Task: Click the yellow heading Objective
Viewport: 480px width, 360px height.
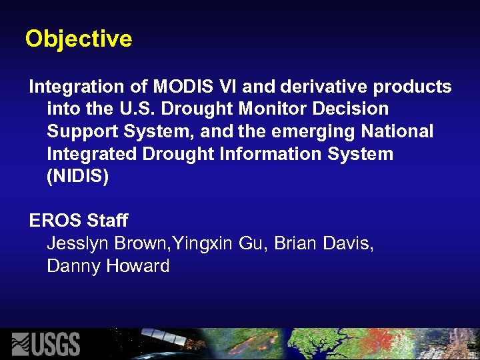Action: click(79, 39)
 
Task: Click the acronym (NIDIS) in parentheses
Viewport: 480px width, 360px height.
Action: click(77, 176)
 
